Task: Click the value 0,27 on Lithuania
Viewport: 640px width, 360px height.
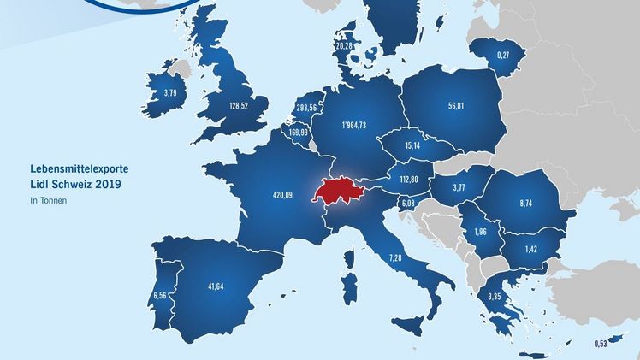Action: (x=505, y=56)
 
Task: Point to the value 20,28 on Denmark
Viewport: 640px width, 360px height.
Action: (x=344, y=45)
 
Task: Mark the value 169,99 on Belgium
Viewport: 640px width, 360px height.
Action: (x=299, y=133)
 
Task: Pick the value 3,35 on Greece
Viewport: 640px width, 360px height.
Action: (x=495, y=297)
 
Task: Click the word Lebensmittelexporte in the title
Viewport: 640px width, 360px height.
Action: (x=68, y=169)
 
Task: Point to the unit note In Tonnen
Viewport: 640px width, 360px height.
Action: (x=46, y=201)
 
